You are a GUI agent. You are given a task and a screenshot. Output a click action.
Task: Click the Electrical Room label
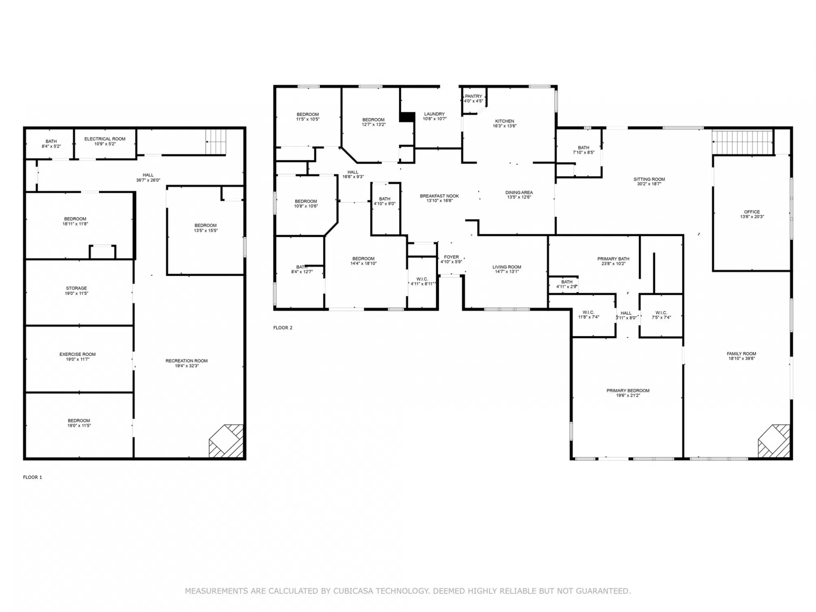pyautogui.click(x=105, y=141)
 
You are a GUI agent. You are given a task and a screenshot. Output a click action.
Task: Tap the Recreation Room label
pyautogui.click(x=187, y=363)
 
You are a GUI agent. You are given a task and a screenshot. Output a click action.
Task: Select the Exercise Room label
pyautogui.click(x=78, y=357)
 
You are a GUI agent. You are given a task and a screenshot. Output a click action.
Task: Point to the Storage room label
pyautogui.click(x=76, y=290)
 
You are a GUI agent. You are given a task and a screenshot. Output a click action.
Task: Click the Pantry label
pyautogui.click(x=474, y=98)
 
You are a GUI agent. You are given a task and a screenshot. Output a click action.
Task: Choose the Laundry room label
pyautogui.click(x=435, y=116)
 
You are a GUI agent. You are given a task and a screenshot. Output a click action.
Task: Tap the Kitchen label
pyautogui.click(x=505, y=123)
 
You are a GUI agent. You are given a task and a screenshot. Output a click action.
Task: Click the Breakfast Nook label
pyautogui.click(x=440, y=198)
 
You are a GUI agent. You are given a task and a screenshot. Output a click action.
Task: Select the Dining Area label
pyautogui.click(x=519, y=195)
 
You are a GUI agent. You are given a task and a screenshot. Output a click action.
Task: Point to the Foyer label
pyautogui.click(x=451, y=259)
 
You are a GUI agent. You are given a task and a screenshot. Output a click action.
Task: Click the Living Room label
pyautogui.click(x=507, y=269)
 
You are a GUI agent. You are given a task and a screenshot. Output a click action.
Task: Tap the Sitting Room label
pyautogui.click(x=649, y=181)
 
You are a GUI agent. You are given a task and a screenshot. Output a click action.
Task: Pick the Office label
pyautogui.click(x=752, y=214)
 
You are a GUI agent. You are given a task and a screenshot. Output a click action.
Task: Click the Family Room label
pyautogui.click(x=742, y=356)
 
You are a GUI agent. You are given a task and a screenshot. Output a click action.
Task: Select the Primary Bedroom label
pyautogui.click(x=628, y=393)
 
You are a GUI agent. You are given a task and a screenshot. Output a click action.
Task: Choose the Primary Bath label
pyautogui.click(x=614, y=261)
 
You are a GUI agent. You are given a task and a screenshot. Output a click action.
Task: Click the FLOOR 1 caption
pyautogui.click(x=33, y=477)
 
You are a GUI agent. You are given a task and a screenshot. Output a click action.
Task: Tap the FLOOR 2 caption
pyautogui.click(x=283, y=328)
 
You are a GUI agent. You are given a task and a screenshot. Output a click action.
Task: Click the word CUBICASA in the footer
pyautogui.click(x=353, y=591)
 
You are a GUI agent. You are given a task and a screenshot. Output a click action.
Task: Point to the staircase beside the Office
pyautogui.click(x=742, y=142)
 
